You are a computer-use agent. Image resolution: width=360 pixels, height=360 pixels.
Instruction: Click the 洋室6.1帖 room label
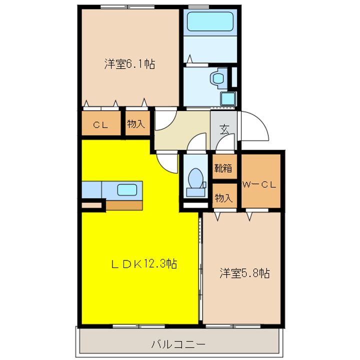click(129, 64)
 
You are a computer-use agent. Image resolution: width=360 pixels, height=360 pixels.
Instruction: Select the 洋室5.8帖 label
click(245, 273)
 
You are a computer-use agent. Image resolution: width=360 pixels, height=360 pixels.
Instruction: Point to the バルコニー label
click(178, 344)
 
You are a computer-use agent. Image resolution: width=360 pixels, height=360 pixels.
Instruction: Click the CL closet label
click(101, 125)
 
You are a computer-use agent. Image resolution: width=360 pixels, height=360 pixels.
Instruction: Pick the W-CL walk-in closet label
click(259, 184)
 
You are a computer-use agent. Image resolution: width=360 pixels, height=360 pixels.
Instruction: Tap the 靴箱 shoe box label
click(223, 168)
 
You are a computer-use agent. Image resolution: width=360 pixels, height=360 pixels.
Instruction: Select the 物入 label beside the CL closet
click(135, 124)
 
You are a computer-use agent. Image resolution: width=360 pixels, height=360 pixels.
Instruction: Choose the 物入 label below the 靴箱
click(223, 197)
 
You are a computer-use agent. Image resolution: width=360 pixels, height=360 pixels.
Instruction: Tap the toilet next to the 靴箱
click(195, 181)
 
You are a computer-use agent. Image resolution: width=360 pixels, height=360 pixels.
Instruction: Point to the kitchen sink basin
click(126, 190)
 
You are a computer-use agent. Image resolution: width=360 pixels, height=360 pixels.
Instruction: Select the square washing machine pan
click(228, 98)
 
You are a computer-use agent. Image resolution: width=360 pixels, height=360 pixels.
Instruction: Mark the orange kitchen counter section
click(124, 204)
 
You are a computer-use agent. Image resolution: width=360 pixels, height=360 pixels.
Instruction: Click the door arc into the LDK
click(166, 162)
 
